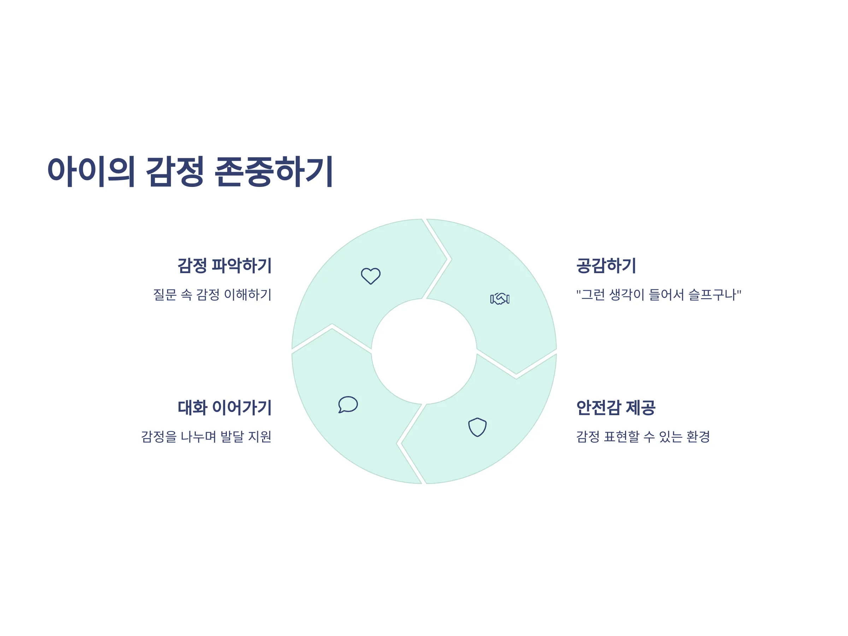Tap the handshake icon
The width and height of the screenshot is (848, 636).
(x=500, y=299)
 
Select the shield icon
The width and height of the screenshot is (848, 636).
(x=477, y=427)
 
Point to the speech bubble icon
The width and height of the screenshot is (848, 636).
(x=348, y=405)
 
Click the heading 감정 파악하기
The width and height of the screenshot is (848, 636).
(x=224, y=266)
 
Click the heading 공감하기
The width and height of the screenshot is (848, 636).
(x=606, y=266)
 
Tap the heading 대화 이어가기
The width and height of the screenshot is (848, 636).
(x=224, y=407)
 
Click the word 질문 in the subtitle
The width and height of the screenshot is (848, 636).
(x=165, y=294)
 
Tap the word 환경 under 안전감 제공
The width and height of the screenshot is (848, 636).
(x=698, y=436)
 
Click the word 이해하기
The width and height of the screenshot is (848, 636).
(x=248, y=294)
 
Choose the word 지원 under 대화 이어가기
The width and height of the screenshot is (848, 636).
(x=260, y=436)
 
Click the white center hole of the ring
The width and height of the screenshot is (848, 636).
(x=424, y=351)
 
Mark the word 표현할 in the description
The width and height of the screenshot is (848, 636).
(x=622, y=436)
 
